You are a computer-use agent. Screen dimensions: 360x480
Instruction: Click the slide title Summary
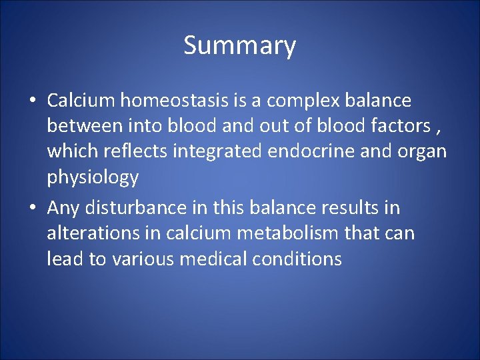[x=239, y=46]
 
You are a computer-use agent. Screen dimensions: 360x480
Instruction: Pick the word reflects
[x=135, y=151]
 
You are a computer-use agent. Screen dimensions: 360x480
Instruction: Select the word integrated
[x=219, y=152]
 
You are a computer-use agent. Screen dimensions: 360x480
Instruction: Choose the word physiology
[x=93, y=178]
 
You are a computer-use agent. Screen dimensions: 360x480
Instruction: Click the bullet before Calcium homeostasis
[x=33, y=101]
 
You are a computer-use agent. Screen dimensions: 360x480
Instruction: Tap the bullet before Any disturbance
[x=33, y=209]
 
